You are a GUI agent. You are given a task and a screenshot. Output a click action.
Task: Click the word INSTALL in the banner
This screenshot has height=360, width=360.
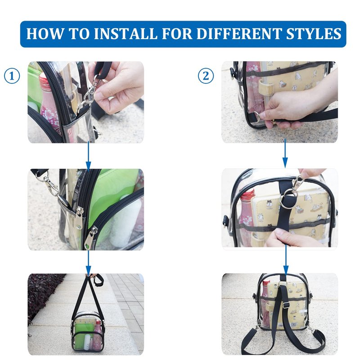[x=126, y=33]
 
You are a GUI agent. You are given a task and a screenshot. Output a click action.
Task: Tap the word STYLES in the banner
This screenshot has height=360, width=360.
[x=314, y=33]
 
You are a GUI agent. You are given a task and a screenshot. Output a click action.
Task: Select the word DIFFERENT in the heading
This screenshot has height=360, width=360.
[x=239, y=33]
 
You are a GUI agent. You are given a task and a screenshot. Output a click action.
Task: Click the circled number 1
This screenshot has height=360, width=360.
[x=12, y=76]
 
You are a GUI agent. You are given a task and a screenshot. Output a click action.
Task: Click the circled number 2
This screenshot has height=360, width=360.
[x=206, y=76]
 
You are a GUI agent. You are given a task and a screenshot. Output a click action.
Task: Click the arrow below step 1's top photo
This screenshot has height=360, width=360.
[x=88, y=155]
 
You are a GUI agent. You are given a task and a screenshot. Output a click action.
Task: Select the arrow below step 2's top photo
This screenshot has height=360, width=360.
[x=285, y=153]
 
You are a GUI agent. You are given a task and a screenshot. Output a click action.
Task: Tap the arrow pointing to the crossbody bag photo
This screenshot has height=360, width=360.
[x=88, y=261]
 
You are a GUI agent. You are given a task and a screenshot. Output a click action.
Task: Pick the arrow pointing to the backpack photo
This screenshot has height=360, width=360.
[x=286, y=260]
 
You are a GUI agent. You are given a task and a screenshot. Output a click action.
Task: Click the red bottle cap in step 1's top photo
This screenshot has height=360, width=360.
[x=44, y=79]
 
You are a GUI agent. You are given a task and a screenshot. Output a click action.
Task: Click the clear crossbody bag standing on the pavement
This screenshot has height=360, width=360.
[x=88, y=330]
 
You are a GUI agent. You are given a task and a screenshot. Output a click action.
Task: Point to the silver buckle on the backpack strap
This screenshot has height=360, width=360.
[x=286, y=305]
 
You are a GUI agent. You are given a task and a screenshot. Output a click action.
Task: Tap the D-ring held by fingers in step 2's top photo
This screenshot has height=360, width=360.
[x=257, y=116]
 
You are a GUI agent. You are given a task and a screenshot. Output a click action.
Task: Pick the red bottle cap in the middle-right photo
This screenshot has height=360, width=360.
[x=247, y=194]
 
